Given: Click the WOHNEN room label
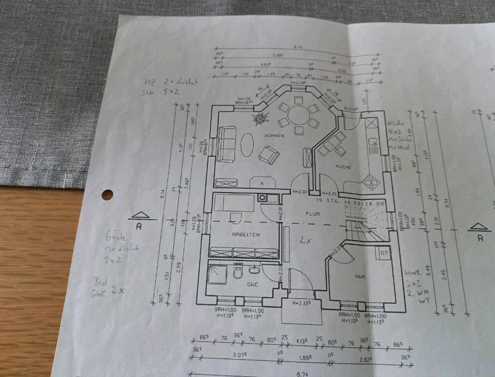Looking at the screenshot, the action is [x=275, y=136].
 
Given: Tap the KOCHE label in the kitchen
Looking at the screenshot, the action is [x=343, y=167].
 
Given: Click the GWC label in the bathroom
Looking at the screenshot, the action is [x=252, y=284].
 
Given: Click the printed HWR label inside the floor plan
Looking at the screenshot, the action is [x=360, y=277].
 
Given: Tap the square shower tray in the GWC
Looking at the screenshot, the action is [x=217, y=272].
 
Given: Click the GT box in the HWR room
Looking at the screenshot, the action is [x=384, y=253].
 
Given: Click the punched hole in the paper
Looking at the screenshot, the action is [x=107, y=195].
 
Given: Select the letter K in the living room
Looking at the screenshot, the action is [x=262, y=183].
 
